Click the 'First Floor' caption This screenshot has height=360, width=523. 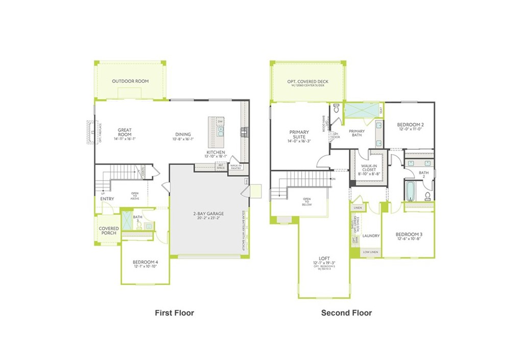tap(174, 313)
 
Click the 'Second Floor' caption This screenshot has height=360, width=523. tap(346, 313)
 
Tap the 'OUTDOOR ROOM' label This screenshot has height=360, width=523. tap(130, 81)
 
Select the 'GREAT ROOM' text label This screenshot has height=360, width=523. tap(125, 132)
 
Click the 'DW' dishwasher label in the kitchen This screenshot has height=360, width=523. tap(220, 122)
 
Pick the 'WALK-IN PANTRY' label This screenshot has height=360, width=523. tap(235, 167)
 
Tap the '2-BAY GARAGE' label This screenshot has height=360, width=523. tap(208, 214)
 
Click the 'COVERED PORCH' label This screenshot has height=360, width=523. tap(108, 231)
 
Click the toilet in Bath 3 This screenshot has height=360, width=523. tap(138, 225)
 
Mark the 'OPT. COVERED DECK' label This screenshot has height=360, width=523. tap(307, 82)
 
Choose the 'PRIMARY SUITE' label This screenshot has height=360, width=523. tap(299, 135)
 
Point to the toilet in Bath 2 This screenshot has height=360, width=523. tap(427, 196)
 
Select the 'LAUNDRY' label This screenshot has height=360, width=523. tap(371, 236)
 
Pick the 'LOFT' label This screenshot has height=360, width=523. tap(323, 259)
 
